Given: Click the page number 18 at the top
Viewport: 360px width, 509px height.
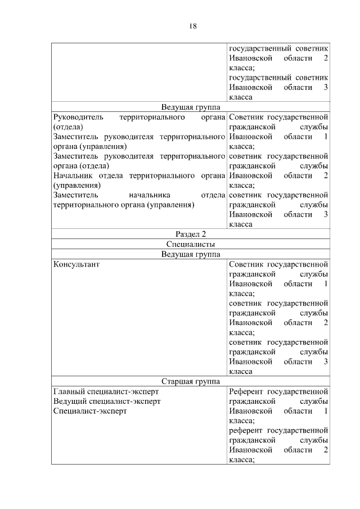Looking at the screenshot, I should tap(192, 26).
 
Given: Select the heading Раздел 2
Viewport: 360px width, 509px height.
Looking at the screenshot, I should tap(191, 235).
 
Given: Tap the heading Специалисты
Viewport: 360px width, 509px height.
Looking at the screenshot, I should tap(191, 244).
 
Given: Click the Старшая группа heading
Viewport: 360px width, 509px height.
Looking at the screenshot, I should tap(191, 381).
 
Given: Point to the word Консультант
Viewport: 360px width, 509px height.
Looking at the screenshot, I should tap(76, 264).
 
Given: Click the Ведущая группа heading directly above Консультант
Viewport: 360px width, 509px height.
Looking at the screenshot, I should tap(191, 254).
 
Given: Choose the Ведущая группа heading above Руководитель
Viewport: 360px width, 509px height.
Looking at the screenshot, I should tap(191, 107).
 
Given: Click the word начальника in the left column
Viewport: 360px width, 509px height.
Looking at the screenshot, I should tap(149, 195).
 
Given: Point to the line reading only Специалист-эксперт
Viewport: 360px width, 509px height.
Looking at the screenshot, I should tap(90, 411).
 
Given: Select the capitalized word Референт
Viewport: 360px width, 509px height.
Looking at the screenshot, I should tap(246, 391).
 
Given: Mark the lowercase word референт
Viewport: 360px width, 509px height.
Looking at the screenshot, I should tap(246, 430).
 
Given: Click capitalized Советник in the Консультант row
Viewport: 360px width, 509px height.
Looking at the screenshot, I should tap(246, 264).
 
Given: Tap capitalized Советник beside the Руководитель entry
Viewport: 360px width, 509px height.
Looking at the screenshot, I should tap(246, 117).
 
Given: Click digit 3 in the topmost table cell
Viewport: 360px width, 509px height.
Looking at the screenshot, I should tap(326, 87).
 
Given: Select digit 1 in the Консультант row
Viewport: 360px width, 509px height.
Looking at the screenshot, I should tap(326, 283).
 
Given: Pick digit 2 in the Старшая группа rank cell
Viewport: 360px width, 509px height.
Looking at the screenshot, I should tap(326, 450).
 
